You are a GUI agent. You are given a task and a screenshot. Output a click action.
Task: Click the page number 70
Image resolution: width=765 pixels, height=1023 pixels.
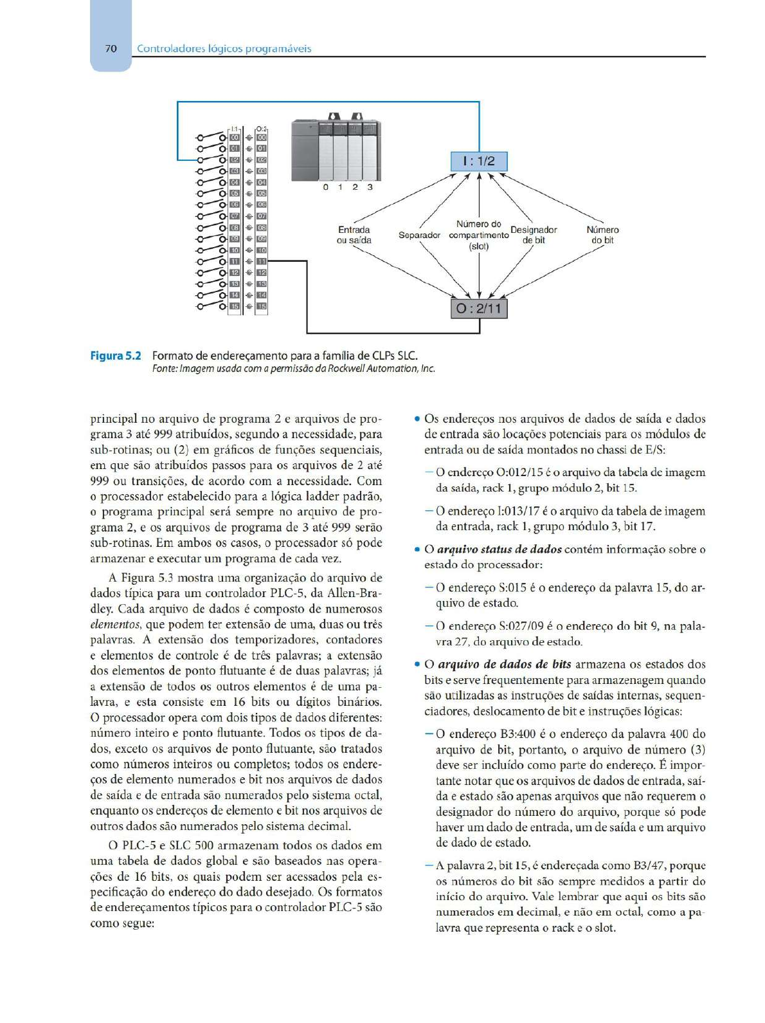111,48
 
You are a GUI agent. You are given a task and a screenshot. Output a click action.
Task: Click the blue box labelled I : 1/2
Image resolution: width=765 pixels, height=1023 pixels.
479,161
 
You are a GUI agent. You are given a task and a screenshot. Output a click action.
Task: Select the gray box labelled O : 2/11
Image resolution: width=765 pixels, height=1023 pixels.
479,309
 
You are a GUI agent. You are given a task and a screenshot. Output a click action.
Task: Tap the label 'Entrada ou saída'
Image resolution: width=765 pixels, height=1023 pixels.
354,235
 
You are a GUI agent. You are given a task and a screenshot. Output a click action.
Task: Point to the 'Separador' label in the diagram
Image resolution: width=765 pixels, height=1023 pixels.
419,235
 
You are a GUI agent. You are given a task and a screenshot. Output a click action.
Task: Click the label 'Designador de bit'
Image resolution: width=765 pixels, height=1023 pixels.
534,235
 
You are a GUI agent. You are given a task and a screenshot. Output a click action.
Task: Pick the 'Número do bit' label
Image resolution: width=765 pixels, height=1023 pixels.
602,235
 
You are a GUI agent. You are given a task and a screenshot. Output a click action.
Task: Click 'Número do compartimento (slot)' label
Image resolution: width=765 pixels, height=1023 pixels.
479,235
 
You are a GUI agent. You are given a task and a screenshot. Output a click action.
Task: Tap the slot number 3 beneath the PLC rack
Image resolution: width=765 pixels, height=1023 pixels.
370,187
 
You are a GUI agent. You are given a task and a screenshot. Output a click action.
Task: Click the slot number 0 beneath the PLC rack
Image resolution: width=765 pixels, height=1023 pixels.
326,187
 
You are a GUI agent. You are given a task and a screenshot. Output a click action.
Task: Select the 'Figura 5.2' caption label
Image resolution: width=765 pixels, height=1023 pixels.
116,356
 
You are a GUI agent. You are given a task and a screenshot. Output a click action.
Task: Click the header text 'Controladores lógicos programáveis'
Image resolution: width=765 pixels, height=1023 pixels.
224,48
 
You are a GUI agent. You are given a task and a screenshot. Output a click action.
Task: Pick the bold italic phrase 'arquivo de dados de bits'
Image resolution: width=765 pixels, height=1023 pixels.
504,665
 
